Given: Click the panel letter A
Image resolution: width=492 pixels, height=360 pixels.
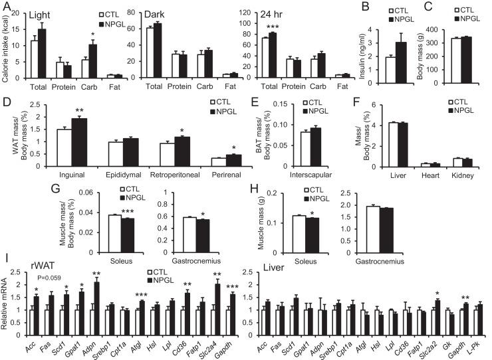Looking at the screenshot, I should point(6,7).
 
